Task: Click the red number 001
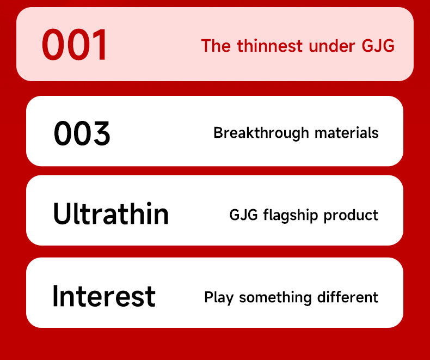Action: click(75, 45)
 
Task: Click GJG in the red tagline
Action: click(378, 46)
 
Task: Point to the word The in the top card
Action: click(216, 46)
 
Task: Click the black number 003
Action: click(82, 133)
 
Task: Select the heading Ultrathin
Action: click(111, 213)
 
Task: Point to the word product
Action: click(351, 215)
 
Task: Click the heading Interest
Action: click(104, 296)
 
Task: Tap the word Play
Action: click(219, 297)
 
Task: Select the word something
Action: click(275, 297)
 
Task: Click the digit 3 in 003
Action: click(101, 133)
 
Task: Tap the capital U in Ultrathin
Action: click(63, 213)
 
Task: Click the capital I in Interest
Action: click(56, 296)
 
